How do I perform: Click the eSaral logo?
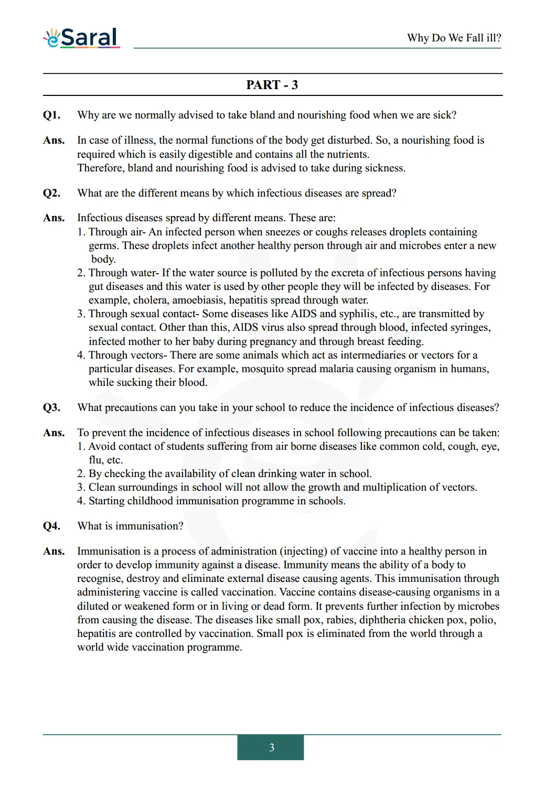tap(82, 38)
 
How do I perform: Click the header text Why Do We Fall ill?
tap(454, 38)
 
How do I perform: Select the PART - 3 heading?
tap(272, 85)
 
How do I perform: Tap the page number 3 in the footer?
tap(271, 748)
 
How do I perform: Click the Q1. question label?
tap(51, 115)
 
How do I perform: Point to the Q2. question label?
tap(51, 193)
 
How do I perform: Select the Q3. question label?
tap(51, 408)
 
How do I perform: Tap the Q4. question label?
tap(51, 526)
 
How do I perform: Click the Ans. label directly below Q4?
tap(54, 552)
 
